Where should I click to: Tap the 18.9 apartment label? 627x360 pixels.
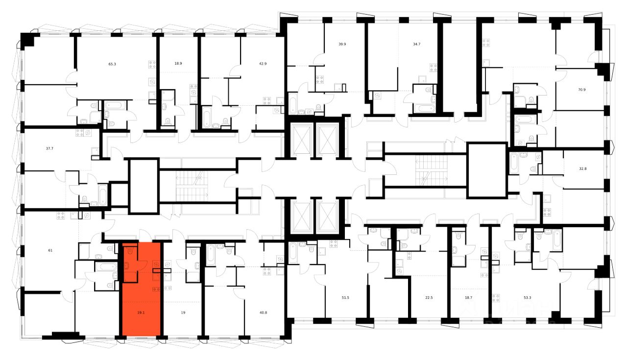point(178,64)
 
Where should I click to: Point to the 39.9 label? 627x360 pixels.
point(342,44)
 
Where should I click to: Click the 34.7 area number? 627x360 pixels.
point(417,44)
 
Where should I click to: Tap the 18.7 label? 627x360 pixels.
point(468,297)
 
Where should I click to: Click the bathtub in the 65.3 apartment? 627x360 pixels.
point(116,106)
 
